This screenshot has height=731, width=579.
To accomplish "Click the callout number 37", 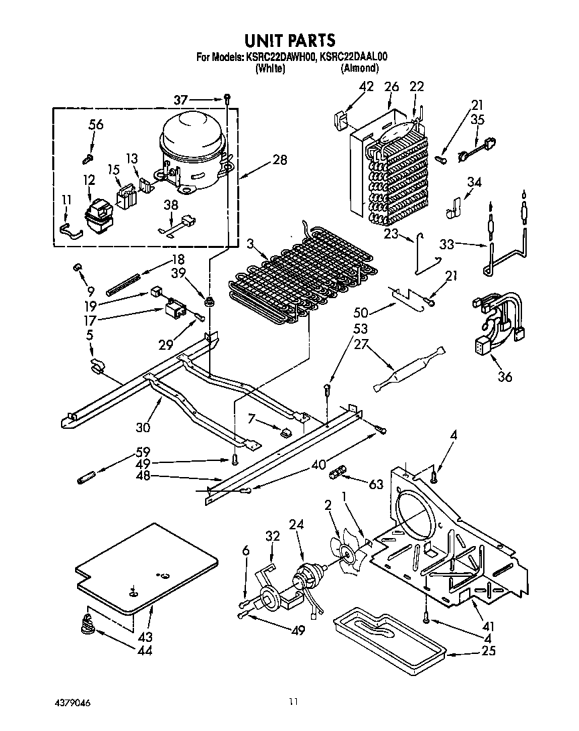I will click(x=180, y=100).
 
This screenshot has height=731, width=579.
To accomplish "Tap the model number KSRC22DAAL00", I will click(x=354, y=57).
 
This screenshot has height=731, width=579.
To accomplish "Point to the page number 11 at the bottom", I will click(x=293, y=702).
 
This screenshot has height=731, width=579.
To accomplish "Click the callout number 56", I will click(x=96, y=125).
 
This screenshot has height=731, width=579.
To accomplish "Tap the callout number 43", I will click(x=145, y=637).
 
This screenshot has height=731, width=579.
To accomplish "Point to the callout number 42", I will click(x=366, y=86).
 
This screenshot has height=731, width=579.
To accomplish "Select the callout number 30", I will click(x=143, y=427).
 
